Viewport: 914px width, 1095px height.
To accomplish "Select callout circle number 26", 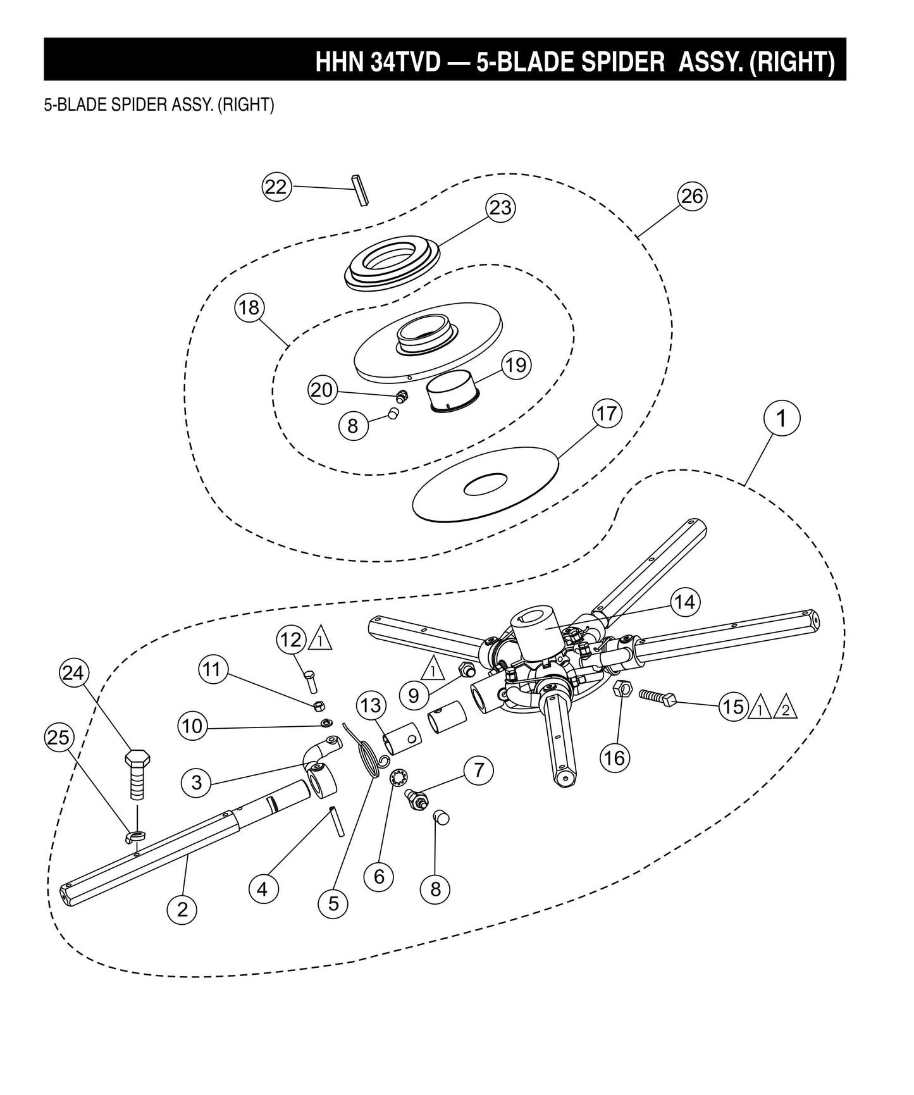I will click(x=691, y=196).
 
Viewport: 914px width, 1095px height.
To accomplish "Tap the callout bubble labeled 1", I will click(x=781, y=418).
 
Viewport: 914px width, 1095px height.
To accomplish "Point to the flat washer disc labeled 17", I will click(x=486, y=485).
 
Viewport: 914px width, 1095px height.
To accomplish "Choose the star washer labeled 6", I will click(x=399, y=776).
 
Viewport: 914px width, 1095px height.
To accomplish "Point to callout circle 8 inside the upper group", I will click(x=352, y=425).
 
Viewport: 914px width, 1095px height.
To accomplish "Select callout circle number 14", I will click(x=684, y=602).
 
